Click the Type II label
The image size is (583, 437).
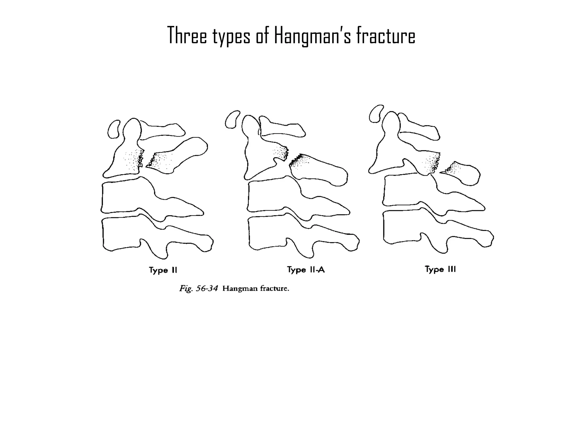point(163,270)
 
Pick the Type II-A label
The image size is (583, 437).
point(306,269)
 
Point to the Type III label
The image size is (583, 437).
point(440,269)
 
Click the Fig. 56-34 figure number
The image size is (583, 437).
point(198,289)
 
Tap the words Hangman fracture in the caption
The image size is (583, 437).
point(256,288)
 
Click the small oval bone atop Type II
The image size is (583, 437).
point(114,129)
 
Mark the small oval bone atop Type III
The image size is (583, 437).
point(376,114)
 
